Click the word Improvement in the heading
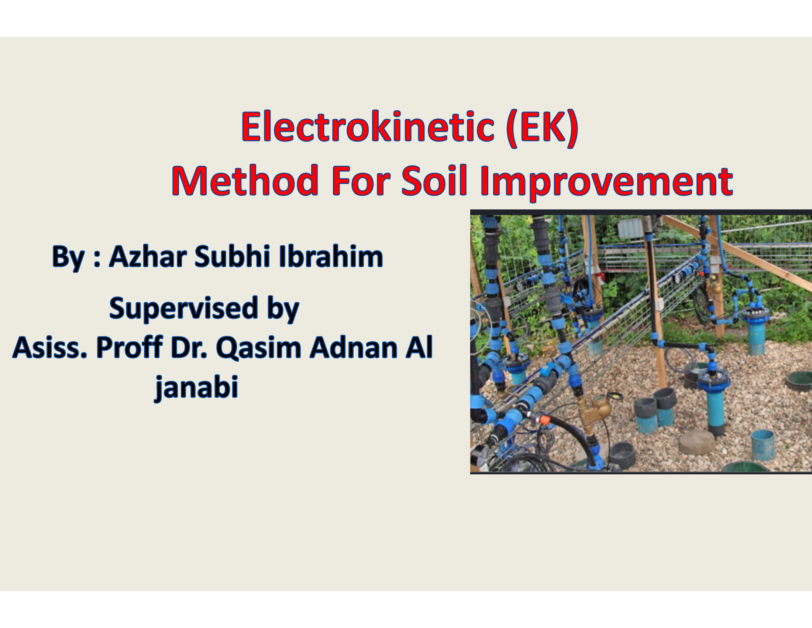pos(606,182)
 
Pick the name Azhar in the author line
pos(148,256)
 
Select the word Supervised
pos(184,308)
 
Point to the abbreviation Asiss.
pos(50,348)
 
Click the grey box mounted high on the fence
pos(630,228)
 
